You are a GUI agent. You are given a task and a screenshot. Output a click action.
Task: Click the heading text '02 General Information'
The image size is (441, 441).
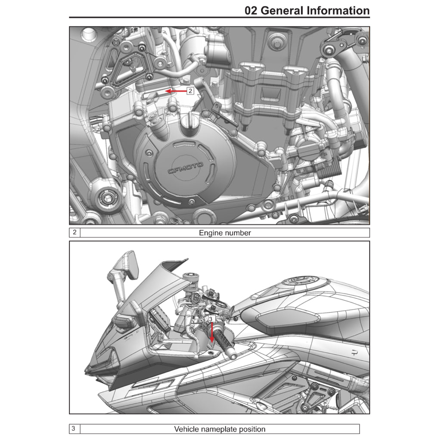pyautogui.click(x=307, y=10)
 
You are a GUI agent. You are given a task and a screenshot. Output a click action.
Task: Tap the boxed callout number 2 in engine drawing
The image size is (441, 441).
pyautogui.click(x=190, y=91)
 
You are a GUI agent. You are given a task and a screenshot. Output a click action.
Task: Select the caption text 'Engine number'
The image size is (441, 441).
pyautogui.click(x=224, y=233)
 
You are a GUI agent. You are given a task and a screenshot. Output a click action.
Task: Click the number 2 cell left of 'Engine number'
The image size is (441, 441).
pyautogui.click(x=75, y=233)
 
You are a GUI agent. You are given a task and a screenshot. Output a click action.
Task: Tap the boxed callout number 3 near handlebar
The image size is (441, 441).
pyautogui.click(x=211, y=319)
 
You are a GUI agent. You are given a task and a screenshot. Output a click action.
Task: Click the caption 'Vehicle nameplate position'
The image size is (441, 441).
pyautogui.click(x=220, y=429)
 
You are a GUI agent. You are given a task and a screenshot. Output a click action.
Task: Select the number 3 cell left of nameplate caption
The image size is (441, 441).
pyautogui.click(x=75, y=429)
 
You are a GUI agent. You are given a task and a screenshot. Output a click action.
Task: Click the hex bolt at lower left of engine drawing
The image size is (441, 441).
pyautogui.click(x=105, y=199)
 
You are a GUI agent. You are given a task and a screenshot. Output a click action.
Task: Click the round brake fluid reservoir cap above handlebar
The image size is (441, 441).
pyautogui.click(x=190, y=276)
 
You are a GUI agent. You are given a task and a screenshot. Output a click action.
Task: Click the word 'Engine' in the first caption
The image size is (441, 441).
pyautogui.click(x=210, y=233)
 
